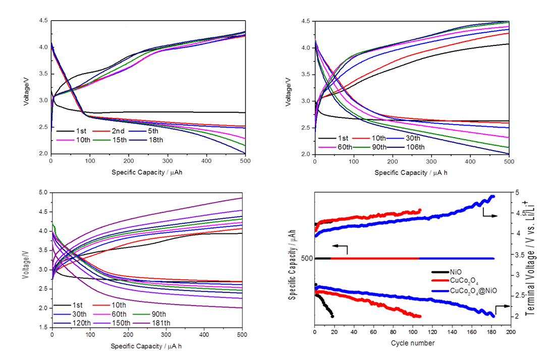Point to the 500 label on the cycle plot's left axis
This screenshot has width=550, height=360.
[x=306, y=258]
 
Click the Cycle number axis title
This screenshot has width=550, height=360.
[x=412, y=343]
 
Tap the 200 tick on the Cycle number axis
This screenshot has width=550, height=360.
[x=510, y=334]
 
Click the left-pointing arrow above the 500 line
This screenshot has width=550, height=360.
[x=339, y=247]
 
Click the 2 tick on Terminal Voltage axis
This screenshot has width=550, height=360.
[x=517, y=316]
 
